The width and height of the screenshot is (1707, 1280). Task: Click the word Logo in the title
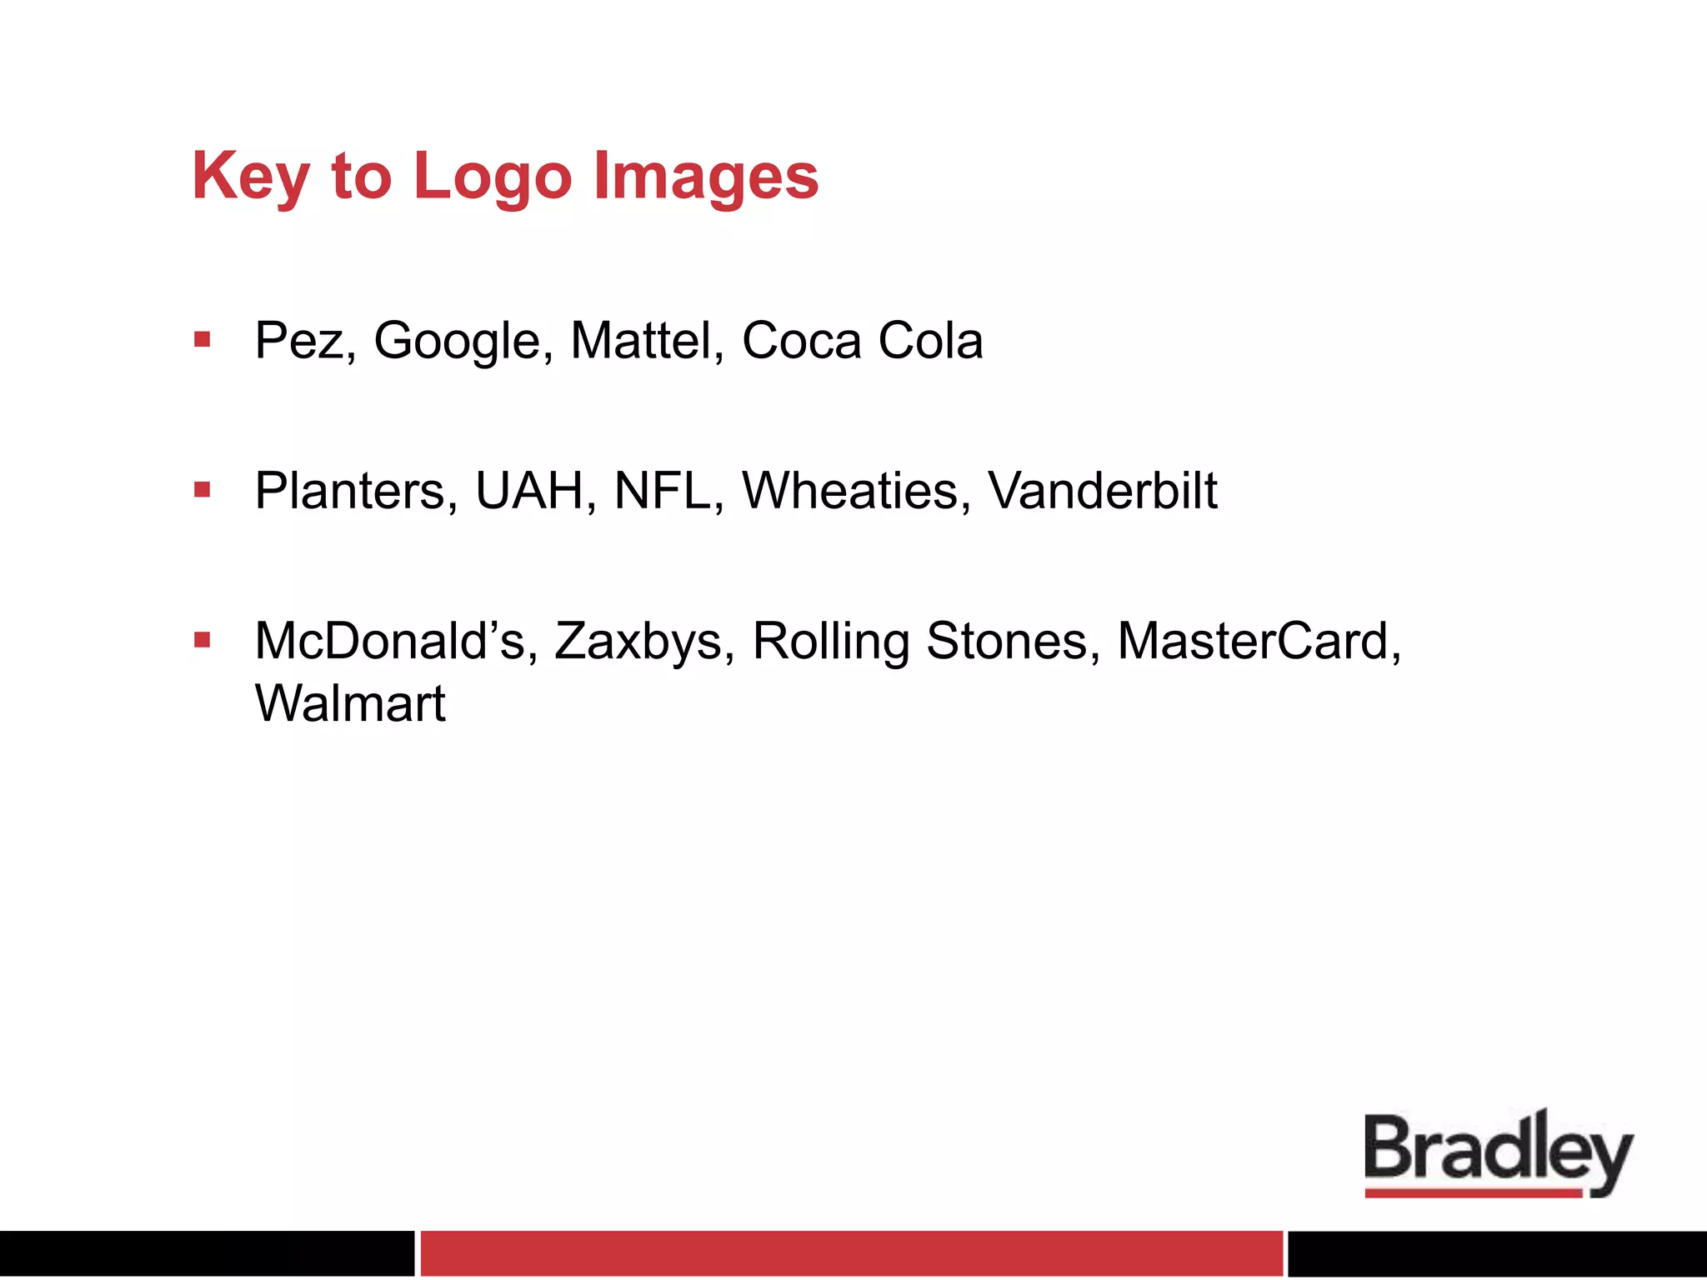493,177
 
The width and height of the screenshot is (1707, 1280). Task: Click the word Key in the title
250,177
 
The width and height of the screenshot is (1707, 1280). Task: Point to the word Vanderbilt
1102,491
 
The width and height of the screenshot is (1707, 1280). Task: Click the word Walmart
350,704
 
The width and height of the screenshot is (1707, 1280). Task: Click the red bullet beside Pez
202,339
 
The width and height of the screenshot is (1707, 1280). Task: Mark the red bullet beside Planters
202,489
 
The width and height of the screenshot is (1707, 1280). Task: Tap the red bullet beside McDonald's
202,640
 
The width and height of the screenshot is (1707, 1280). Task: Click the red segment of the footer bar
851,1252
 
